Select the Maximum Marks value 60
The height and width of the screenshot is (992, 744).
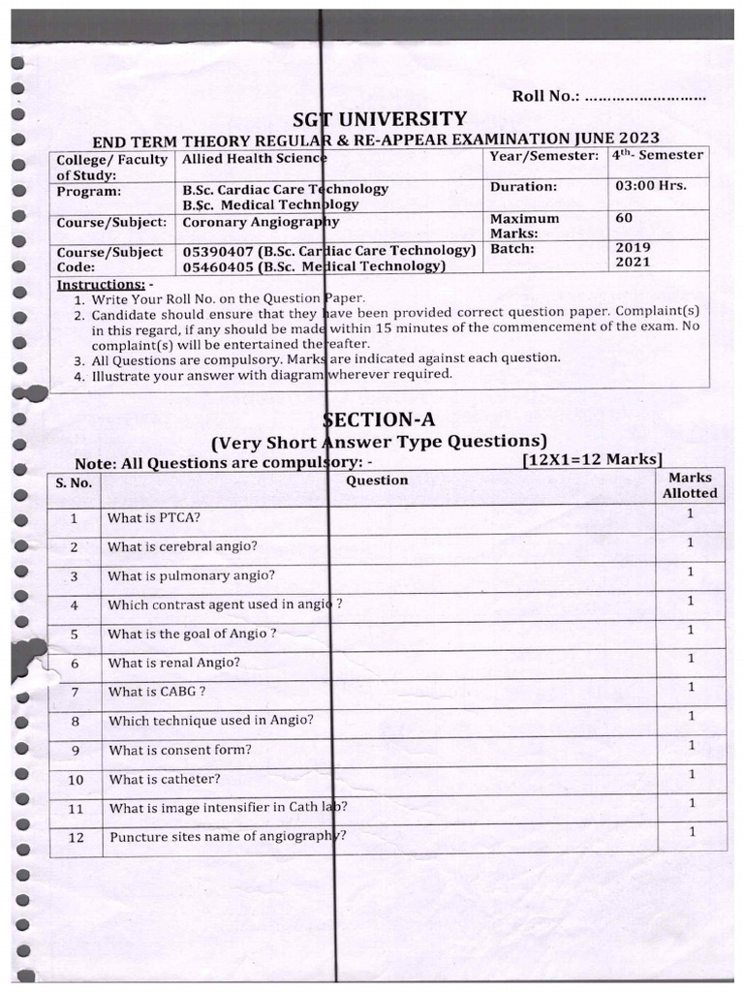click(x=624, y=218)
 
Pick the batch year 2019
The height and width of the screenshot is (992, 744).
click(x=633, y=247)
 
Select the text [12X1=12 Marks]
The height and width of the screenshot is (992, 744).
click(x=592, y=459)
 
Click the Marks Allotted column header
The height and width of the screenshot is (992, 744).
click(x=690, y=485)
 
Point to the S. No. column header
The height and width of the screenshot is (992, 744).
click(x=74, y=482)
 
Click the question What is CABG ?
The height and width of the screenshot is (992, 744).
click(x=157, y=692)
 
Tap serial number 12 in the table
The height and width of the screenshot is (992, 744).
click(x=77, y=838)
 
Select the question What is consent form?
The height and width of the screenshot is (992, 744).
click(x=180, y=750)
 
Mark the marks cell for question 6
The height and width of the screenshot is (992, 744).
click(x=690, y=659)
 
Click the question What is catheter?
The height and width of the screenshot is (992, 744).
click(x=165, y=779)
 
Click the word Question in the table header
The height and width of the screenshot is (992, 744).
click(x=377, y=480)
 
